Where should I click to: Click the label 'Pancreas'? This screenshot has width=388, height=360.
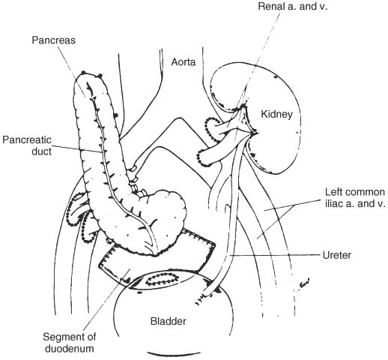53,40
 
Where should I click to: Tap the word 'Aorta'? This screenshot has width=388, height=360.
183,62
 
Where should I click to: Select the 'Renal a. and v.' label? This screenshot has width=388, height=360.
293,6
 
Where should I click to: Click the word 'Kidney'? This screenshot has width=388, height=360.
276,114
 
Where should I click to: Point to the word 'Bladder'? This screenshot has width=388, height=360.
169,321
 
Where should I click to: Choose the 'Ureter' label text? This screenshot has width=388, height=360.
337,255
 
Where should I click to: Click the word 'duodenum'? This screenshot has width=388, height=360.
69,349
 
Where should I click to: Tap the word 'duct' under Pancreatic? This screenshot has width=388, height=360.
41,151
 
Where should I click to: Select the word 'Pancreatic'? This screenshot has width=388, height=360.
27,139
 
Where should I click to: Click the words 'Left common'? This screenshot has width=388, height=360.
355,192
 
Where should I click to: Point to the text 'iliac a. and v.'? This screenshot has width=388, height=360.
355,204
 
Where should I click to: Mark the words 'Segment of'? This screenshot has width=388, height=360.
70,337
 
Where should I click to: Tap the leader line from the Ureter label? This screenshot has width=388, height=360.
275,255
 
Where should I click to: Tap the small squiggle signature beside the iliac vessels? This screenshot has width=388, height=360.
304,283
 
